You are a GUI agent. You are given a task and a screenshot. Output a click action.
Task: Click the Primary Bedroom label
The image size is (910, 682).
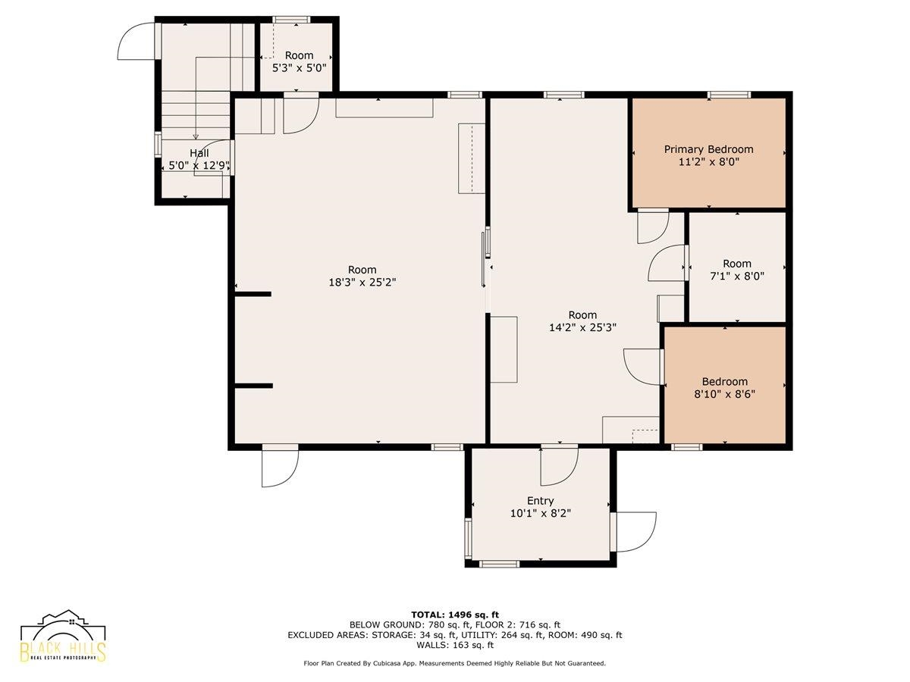[708, 149]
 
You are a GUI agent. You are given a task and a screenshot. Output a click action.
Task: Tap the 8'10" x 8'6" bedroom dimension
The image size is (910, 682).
[725, 394]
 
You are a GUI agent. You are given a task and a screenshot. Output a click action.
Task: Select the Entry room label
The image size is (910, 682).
[540, 501]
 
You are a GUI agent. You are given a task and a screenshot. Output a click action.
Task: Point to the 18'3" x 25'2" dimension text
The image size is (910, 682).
[362, 283]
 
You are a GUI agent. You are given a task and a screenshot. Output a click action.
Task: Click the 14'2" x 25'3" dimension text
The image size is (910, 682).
[582, 327]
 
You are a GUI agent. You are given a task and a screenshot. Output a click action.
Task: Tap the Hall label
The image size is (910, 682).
[199, 153]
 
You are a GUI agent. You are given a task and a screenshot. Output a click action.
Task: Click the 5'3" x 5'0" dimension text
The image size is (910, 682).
[300, 67]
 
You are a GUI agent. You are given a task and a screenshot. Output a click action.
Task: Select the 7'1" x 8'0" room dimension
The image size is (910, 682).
[737, 276]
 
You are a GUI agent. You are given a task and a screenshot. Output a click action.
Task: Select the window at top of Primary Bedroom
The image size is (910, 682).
[729, 95]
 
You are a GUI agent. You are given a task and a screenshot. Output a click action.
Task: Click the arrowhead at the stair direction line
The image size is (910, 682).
[196, 136]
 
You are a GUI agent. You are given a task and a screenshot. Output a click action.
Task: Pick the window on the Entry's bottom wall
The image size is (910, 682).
[499, 564]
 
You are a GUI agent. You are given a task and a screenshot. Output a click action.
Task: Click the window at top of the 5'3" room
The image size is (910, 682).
[291, 20]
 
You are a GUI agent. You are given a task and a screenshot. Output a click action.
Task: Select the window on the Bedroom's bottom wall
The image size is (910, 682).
[686, 447]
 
